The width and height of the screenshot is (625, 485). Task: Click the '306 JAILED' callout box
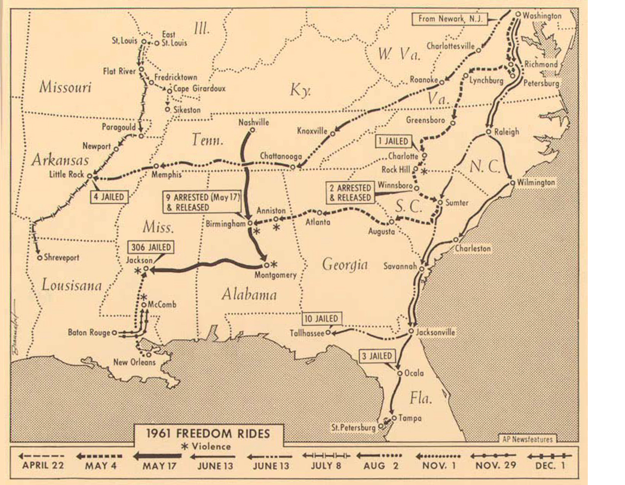pyautogui.click(x=151, y=247)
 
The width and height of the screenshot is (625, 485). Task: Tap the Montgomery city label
pyautogui.click(x=275, y=275)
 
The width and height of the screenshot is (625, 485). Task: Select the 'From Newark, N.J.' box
pyautogui.click(x=450, y=19)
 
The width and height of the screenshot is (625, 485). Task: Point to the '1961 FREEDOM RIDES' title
pyautogui.click(x=208, y=433)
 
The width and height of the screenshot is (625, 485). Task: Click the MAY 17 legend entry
pyautogui.click(x=160, y=465)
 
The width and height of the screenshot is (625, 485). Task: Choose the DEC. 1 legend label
pyautogui.click(x=550, y=465)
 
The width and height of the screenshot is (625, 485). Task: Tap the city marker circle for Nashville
pyautogui.click(x=253, y=130)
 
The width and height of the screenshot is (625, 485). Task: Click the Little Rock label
pyautogui.click(x=66, y=174)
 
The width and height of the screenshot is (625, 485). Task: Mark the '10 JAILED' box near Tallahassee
pyautogui.click(x=321, y=318)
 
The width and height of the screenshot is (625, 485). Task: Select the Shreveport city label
pyautogui.click(x=61, y=257)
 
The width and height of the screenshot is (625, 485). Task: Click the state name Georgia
pyautogui.click(x=345, y=265)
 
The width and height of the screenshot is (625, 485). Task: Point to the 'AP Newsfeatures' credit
pyautogui.click(x=527, y=439)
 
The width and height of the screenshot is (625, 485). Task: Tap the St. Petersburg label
pyautogui.click(x=353, y=428)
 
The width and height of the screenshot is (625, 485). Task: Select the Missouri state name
pyautogui.click(x=65, y=87)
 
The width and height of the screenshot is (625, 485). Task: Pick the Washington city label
pyautogui.click(x=542, y=16)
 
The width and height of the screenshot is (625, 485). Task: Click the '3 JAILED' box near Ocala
pyautogui.click(x=377, y=356)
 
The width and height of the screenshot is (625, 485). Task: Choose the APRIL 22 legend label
pyautogui.click(x=43, y=465)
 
